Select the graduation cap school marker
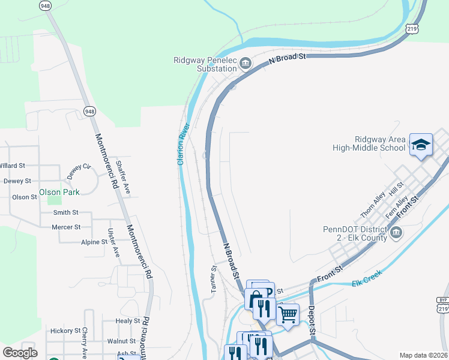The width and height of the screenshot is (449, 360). (421, 145)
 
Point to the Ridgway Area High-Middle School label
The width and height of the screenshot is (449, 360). (371, 143)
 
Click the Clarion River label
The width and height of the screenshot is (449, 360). (183, 145)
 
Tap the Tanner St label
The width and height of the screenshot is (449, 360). (213, 279)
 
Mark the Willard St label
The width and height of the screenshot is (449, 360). (12, 165)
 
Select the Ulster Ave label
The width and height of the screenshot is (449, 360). (113, 243)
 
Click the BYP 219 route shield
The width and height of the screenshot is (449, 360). (443, 304)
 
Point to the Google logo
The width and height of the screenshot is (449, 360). (20, 353)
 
